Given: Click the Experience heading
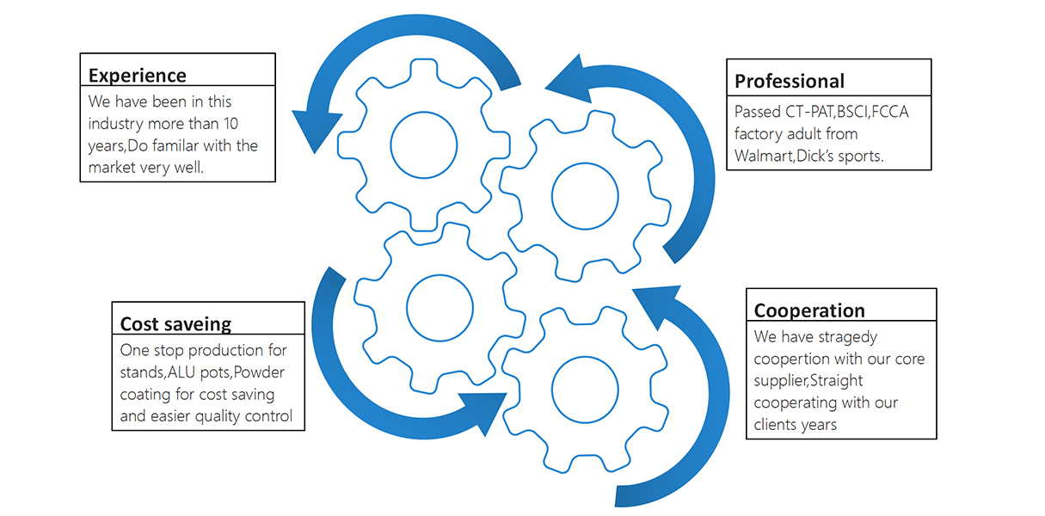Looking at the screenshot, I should pyautogui.click(x=138, y=75).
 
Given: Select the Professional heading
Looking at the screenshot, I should pyautogui.click(x=790, y=82).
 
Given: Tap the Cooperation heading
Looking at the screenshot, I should pyautogui.click(x=809, y=310).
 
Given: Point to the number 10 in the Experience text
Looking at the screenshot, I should pyautogui.click(x=231, y=124).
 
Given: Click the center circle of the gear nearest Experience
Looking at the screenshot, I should pyautogui.click(x=423, y=144).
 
